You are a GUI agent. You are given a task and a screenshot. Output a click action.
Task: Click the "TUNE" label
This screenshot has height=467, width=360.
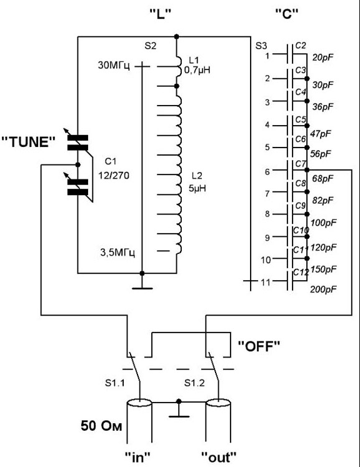click(x=29, y=142)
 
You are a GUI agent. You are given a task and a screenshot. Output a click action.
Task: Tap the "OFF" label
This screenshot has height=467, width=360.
click(x=259, y=346)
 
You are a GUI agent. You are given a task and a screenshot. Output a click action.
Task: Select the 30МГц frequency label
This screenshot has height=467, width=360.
click(x=114, y=65)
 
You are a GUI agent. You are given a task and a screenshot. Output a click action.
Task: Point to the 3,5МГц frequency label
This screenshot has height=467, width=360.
click(x=118, y=253)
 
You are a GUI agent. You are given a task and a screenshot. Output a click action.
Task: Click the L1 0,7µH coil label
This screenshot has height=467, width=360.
click(x=197, y=65)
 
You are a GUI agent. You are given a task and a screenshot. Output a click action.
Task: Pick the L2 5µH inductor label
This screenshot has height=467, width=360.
click(x=197, y=182)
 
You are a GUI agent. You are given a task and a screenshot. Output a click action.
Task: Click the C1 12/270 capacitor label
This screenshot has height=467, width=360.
click(x=114, y=169)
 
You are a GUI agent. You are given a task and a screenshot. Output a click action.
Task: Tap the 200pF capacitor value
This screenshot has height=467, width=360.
click(x=323, y=289)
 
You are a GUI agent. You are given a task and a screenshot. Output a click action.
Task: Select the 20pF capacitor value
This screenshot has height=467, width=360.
click(x=322, y=57)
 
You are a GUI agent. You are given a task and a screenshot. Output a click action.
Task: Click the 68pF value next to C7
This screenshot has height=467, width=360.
click(x=322, y=179)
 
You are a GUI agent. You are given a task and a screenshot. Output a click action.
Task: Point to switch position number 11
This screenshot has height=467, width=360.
click(x=265, y=282)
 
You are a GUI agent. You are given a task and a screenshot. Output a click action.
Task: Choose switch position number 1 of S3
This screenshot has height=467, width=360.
click(x=267, y=56)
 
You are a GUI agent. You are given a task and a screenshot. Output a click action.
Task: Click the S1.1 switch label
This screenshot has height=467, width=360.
click(x=115, y=383)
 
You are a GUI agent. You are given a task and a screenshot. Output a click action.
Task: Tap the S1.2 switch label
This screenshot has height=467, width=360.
click(x=194, y=383)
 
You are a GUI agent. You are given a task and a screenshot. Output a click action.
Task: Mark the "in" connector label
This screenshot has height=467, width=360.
click(x=137, y=456)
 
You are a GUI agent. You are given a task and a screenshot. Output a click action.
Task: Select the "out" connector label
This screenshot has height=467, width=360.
click(x=219, y=456)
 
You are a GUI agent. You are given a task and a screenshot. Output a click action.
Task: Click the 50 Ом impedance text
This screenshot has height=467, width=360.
click(x=101, y=426)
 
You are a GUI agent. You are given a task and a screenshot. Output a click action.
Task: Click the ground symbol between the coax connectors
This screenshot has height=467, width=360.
click(x=179, y=410)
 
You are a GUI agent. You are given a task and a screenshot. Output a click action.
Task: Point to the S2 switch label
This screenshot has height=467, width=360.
click(x=151, y=46)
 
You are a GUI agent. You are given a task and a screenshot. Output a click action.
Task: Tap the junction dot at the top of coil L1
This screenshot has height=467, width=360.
click(x=177, y=37)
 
